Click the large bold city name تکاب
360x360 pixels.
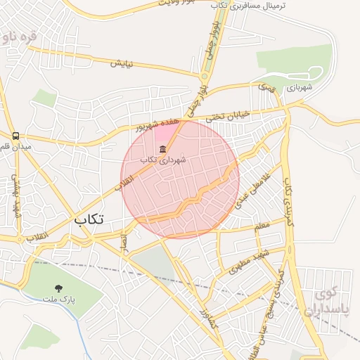(x=89, y=219)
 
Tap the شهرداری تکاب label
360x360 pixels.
(x=163, y=160)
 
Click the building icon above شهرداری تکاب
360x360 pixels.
(x=163, y=149)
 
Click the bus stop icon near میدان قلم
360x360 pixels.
(x=15, y=135)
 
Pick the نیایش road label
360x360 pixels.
(x=122, y=64)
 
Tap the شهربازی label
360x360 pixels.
(x=298, y=88)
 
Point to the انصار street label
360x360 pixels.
(x=124, y=241)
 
